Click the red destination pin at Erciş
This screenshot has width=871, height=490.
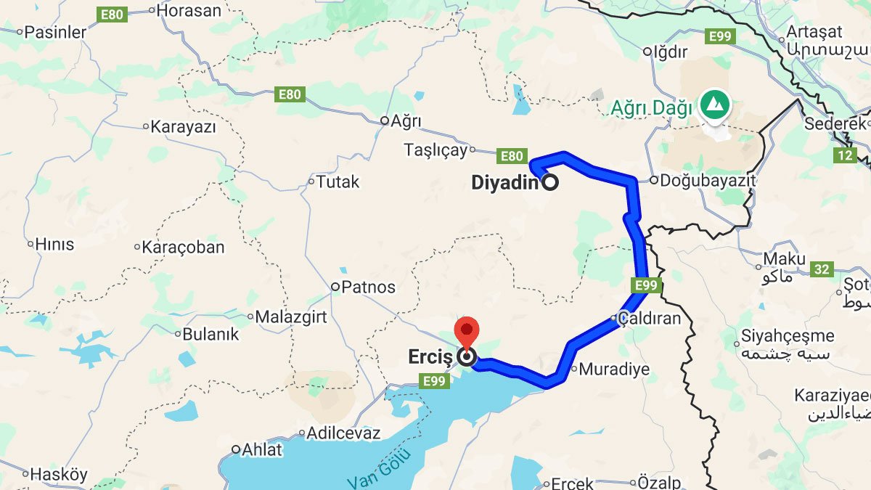tap(466, 331)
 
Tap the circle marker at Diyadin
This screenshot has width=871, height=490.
tap(550, 183)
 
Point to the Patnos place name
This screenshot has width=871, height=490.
tap(369, 287)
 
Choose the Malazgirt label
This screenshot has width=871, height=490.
tap(291, 317)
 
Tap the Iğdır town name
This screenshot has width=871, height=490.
tap(670, 52)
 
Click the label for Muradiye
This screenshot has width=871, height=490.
tap(614, 369)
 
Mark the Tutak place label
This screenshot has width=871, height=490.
tap(338, 181)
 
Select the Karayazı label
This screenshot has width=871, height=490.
tap(184, 127)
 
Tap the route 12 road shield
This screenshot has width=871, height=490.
tap(844, 155)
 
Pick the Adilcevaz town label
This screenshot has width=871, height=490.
tap(343, 433)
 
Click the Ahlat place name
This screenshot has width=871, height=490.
tap(261, 449)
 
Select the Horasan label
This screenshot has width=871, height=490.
tap(189, 10)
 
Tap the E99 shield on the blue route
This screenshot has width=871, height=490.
tap(645, 285)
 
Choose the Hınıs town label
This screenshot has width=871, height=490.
tap(55, 244)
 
